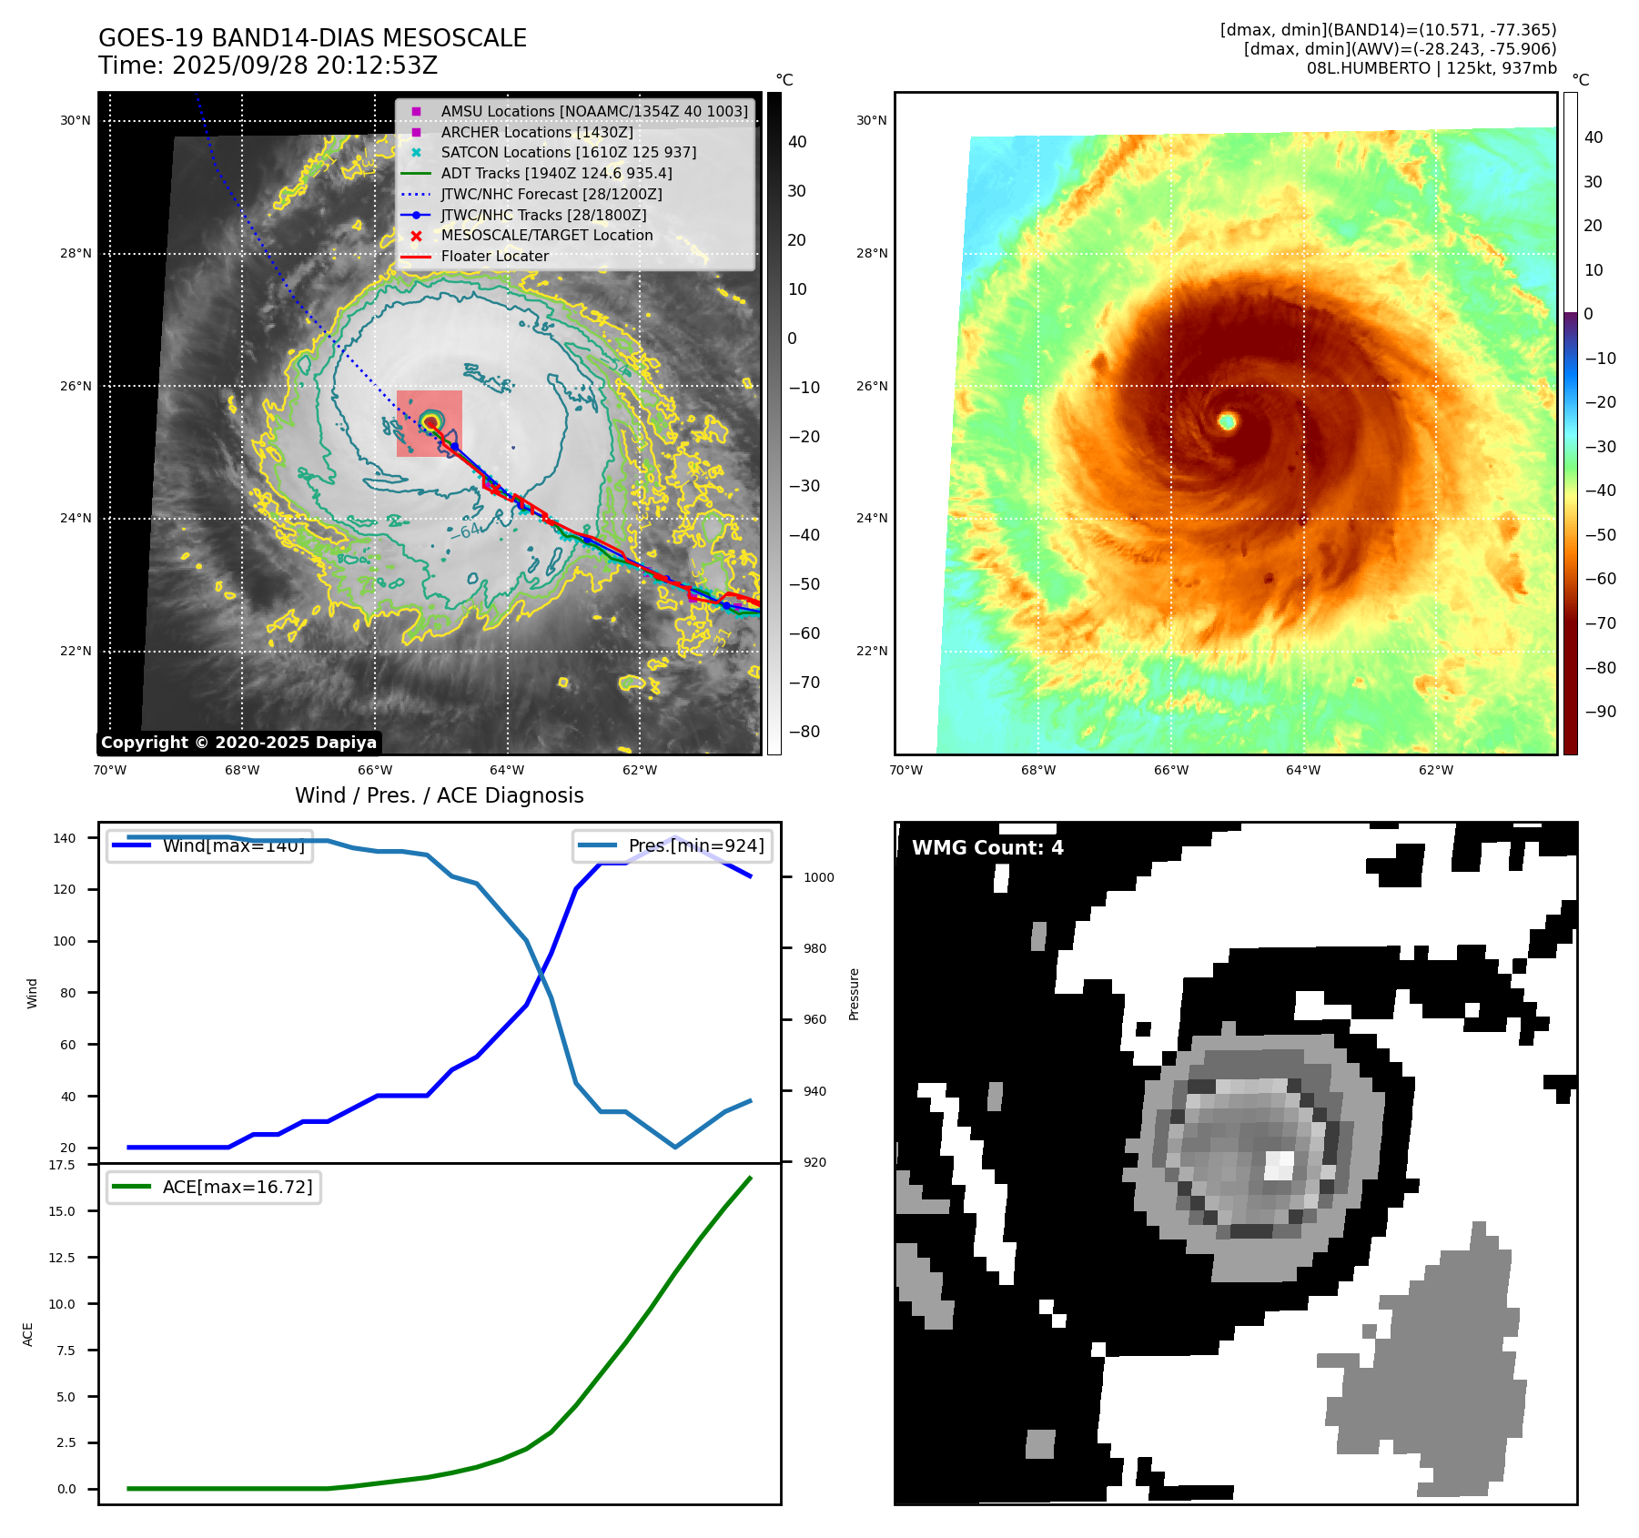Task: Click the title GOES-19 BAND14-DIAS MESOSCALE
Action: [x=312, y=38]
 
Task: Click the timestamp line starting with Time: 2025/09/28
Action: [x=268, y=66]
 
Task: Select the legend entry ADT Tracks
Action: [x=556, y=173]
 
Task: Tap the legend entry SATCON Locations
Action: [x=568, y=152]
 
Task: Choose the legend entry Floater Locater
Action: [x=494, y=257]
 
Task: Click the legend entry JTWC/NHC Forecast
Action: [x=551, y=194]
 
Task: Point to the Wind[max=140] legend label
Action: [x=233, y=845]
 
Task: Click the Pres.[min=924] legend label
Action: [x=695, y=845]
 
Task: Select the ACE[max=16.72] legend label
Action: [x=237, y=1187]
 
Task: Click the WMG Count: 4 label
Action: [x=987, y=848]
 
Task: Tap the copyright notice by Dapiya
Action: [x=238, y=743]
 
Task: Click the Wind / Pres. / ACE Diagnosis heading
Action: [x=439, y=795]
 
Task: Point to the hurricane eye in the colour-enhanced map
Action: [x=1227, y=420]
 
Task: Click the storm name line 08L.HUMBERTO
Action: [x=1432, y=68]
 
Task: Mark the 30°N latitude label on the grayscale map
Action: [x=76, y=120]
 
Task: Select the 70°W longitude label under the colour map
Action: [x=905, y=770]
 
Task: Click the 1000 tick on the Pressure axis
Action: [x=818, y=877]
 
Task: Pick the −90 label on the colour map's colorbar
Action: [x=1600, y=712]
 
